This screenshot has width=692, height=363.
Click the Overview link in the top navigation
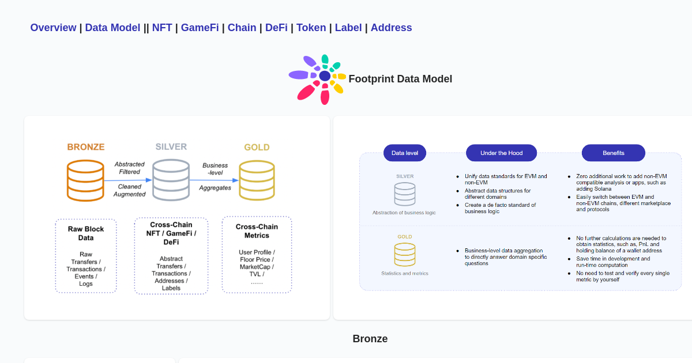(53, 28)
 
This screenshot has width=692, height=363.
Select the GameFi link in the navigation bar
(200, 28)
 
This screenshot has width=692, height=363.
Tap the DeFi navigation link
(276, 28)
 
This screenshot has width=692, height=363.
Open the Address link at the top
(391, 28)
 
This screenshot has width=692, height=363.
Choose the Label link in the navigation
(348, 28)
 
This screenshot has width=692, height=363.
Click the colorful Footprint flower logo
(317, 79)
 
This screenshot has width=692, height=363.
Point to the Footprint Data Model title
(400, 79)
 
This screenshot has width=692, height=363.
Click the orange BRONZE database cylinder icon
(85, 180)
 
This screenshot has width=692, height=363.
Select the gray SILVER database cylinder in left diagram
(171, 180)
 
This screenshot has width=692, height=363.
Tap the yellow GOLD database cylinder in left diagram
(257, 180)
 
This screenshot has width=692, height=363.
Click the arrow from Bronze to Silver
(128, 180)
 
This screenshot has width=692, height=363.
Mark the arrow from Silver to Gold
(214, 180)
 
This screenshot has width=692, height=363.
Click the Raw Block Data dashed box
(86, 256)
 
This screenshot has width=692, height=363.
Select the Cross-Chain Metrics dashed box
(257, 255)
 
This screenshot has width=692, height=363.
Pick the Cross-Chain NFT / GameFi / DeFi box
(171, 256)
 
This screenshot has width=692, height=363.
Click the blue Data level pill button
(405, 153)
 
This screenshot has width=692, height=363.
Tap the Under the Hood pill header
(501, 153)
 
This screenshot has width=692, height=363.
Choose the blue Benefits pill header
(613, 153)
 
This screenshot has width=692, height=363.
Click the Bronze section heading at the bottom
(370, 339)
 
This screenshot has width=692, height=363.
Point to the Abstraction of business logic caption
(404, 213)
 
